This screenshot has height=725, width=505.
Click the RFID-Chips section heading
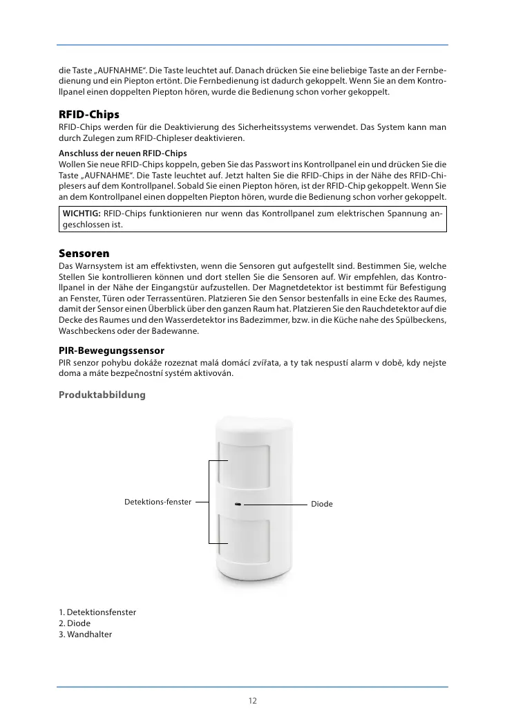point(89,114)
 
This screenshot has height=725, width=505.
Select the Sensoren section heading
point(84,254)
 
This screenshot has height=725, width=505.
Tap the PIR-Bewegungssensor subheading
point(111,351)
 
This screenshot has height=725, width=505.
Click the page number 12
point(253,701)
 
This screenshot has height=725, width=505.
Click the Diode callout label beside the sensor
point(321,505)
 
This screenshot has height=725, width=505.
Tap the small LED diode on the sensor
point(238,504)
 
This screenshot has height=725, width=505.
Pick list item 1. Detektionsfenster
point(97,612)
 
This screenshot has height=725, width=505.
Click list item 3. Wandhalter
point(85,634)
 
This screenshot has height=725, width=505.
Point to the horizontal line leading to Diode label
point(276,505)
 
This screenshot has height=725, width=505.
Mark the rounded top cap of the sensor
point(251,422)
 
